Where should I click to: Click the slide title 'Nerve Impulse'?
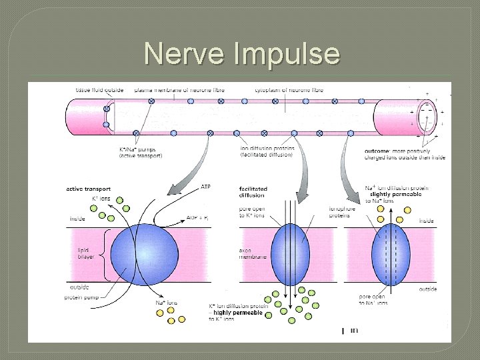(x=241, y=53)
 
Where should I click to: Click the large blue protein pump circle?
(x=144, y=254)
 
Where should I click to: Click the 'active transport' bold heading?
(x=88, y=189)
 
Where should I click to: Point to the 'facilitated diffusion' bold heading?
(x=253, y=192)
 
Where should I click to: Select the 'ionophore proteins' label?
(x=342, y=211)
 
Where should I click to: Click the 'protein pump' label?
(x=83, y=297)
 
